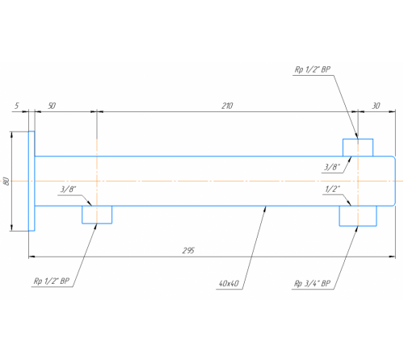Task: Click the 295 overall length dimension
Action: click(x=188, y=251)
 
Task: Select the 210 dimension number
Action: click(x=227, y=106)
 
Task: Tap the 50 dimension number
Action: click(x=52, y=106)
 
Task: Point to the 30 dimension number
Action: click(x=376, y=106)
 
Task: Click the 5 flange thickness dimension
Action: click(x=17, y=106)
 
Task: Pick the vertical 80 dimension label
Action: click(x=6, y=181)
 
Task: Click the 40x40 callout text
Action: click(x=229, y=283)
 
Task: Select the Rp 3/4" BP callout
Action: click(x=312, y=283)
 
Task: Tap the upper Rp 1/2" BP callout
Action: click(x=313, y=69)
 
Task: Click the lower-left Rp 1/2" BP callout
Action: click(x=52, y=282)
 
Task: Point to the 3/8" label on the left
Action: click(x=68, y=190)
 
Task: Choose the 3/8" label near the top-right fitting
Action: click(x=332, y=167)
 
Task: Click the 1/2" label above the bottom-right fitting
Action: click(x=332, y=189)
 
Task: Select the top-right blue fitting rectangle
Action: click(x=358, y=140)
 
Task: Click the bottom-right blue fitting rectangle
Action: click(x=358, y=226)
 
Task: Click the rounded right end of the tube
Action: click(x=395, y=181)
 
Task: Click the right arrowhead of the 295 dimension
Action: click(x=393, y=257)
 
